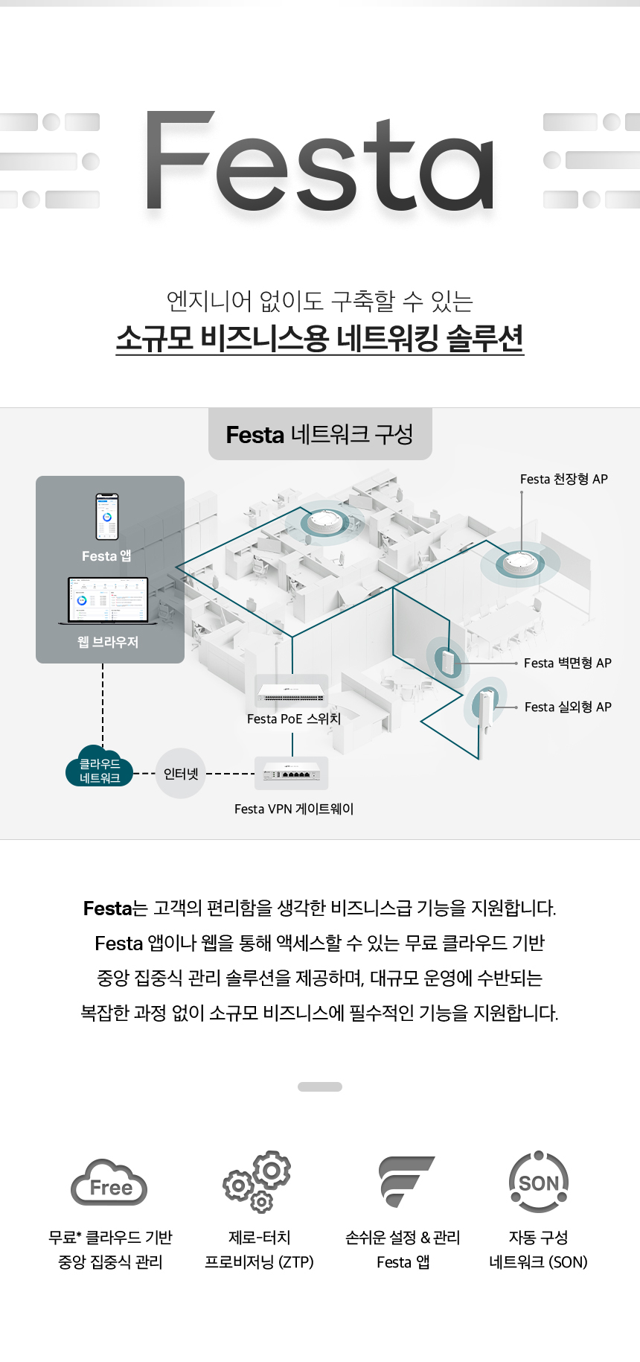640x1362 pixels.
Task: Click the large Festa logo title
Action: [320, 160]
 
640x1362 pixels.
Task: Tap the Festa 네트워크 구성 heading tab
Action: [320, 434]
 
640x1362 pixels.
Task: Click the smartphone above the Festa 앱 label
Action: [107, 516]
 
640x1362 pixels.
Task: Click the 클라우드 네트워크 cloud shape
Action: [100, 766]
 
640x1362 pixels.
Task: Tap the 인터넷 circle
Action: [181, 774]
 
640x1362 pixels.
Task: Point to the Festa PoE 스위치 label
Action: [294, 719]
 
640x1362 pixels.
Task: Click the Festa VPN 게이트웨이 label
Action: [294, 809]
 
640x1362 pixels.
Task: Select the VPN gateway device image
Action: [291, 774]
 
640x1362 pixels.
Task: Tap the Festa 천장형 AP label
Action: [564, 479]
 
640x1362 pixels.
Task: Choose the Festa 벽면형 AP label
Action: [568, 663]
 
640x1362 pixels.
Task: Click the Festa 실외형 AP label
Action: [568, 707]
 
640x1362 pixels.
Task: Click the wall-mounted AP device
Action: [447, 661]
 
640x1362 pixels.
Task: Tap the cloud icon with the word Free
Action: [109, 1183]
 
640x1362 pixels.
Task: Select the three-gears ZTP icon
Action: [257, 1182]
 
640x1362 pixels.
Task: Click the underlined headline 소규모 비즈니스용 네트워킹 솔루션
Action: [320, 339]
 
